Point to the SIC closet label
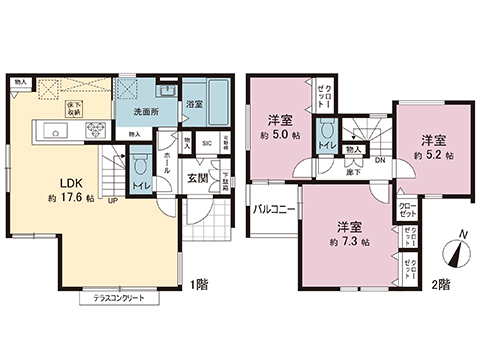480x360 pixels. coord(206,143)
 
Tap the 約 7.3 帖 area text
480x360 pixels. coord(349,242)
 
